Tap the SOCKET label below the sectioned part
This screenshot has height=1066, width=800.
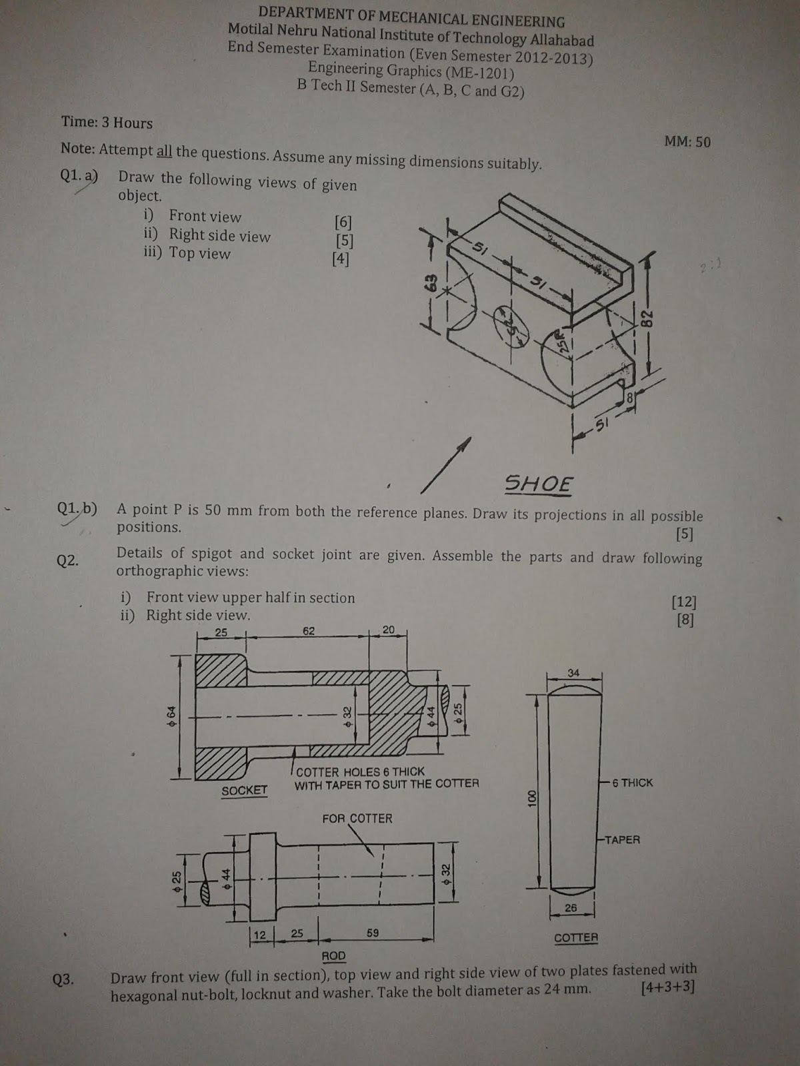point(244,790)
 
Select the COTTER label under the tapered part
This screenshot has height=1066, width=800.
point(576,937)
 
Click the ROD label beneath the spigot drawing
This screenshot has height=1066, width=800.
point(333,956)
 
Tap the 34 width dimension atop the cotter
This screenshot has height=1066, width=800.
point(573,673)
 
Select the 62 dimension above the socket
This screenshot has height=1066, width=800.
point(309,631)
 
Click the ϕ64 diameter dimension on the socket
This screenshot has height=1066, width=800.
point(171,714)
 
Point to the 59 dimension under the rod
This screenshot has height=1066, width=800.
point(373,933)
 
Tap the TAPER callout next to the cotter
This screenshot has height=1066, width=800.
point(621,839)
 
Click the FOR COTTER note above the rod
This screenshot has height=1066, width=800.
point(357,818)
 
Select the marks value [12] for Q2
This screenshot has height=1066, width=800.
point(684,602)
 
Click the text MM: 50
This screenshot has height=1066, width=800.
point(687,142)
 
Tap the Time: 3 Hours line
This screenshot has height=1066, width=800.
point(107,123)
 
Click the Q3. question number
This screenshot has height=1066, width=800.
point(63,980)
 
